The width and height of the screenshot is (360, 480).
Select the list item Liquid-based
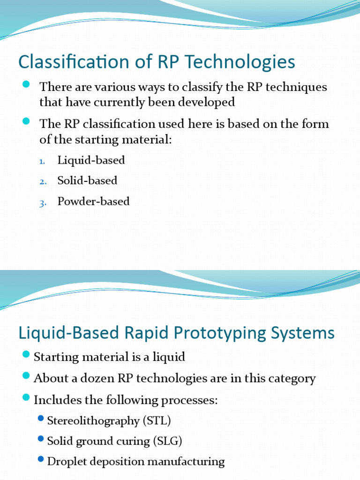pyautogui.click(x=91, y=160)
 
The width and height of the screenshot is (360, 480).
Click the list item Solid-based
pyautogui.click(x=87, y=180)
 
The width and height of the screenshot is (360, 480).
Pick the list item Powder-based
pyautogui.click(x=93, y=202)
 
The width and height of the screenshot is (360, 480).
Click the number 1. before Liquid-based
pyautogui.click(x=42, y=161)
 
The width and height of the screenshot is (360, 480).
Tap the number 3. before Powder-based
pyautogui.click(x=42, y=202)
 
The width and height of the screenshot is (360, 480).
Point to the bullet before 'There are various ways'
pyautogui.click(x=26, y=85)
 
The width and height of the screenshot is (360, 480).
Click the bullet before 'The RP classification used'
pyautogui.click(x=26, y=122)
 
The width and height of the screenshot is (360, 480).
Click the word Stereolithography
pyautogui.click(x=93, y=420)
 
